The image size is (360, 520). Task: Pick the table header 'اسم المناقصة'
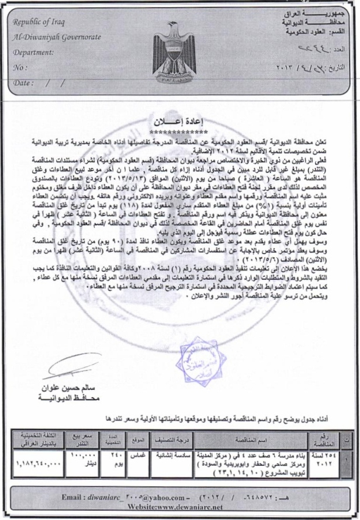253,439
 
